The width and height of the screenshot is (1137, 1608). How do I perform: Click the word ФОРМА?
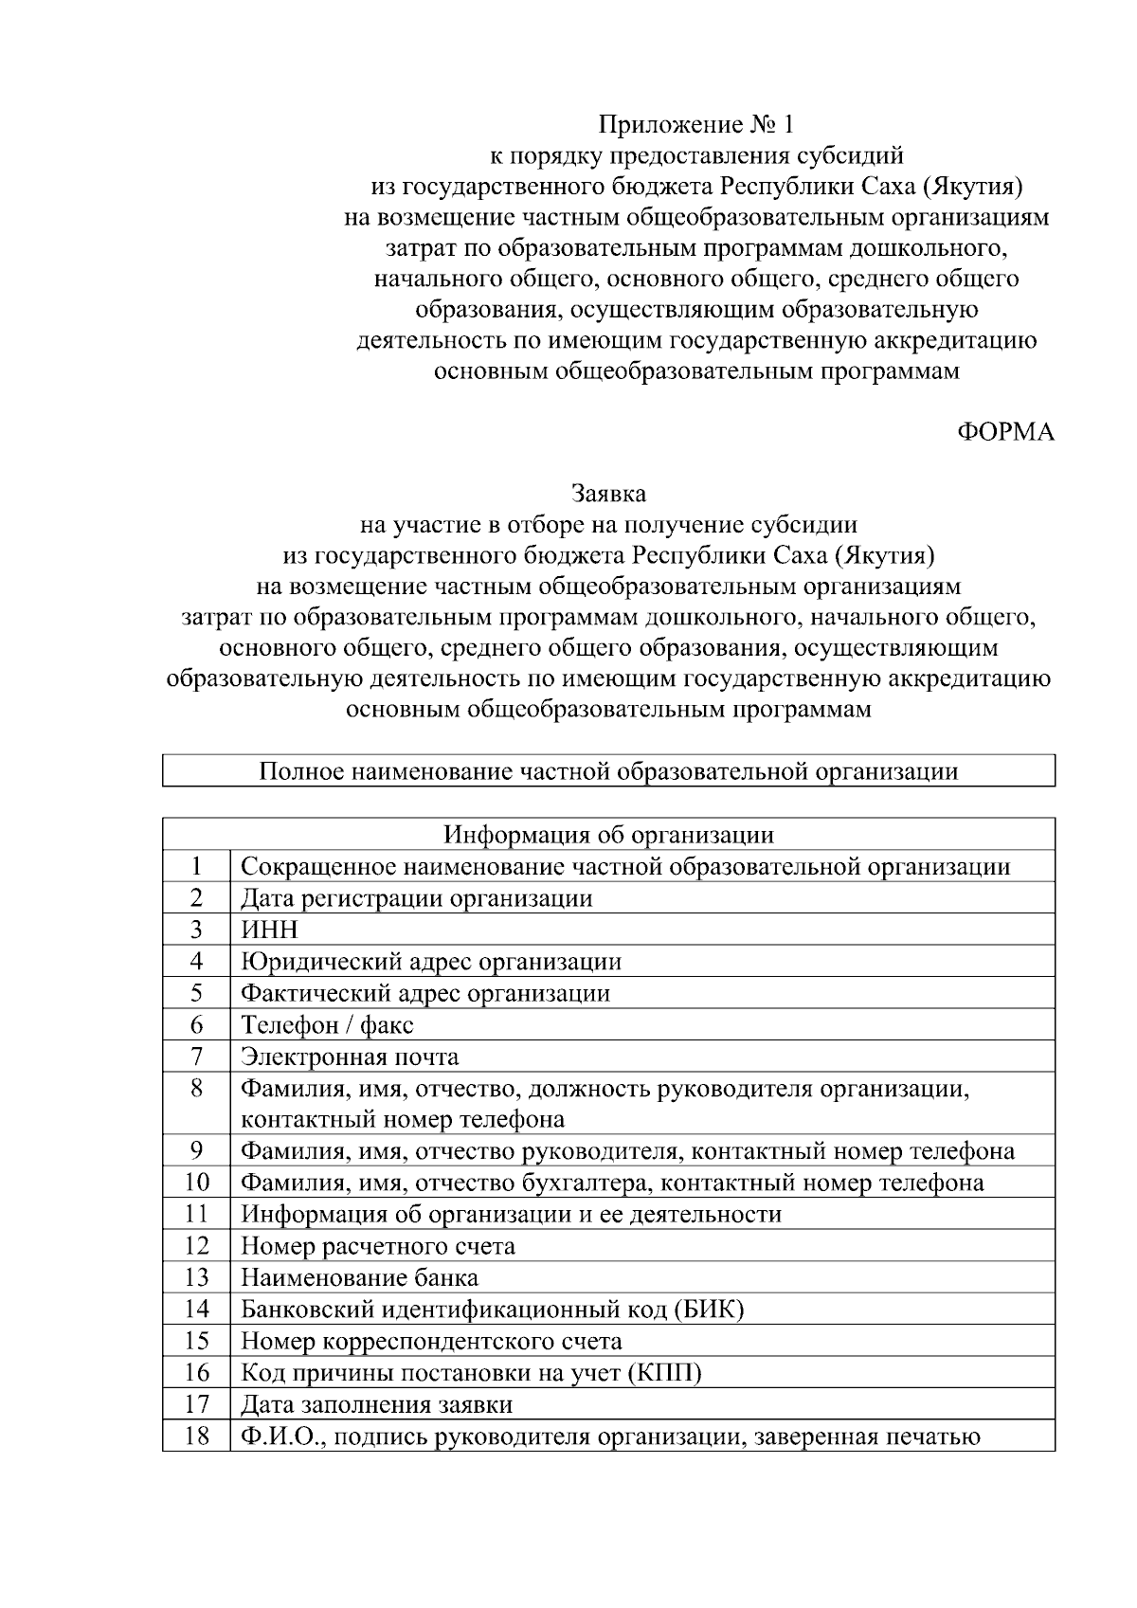point(1006,433)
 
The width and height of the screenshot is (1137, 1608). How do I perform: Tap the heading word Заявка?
point(608,494)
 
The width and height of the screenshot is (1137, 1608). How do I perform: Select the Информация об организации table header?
point(608,835)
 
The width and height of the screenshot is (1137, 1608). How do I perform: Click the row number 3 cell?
point(196,930)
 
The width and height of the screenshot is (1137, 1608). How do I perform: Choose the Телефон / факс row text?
point(327,1025)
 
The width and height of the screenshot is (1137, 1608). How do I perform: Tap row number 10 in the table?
point(196,1183)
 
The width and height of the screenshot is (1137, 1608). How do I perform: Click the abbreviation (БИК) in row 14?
point(709,1310)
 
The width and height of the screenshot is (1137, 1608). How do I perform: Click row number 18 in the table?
point(196,1436)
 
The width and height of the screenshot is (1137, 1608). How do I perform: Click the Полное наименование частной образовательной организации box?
point(608,771)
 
